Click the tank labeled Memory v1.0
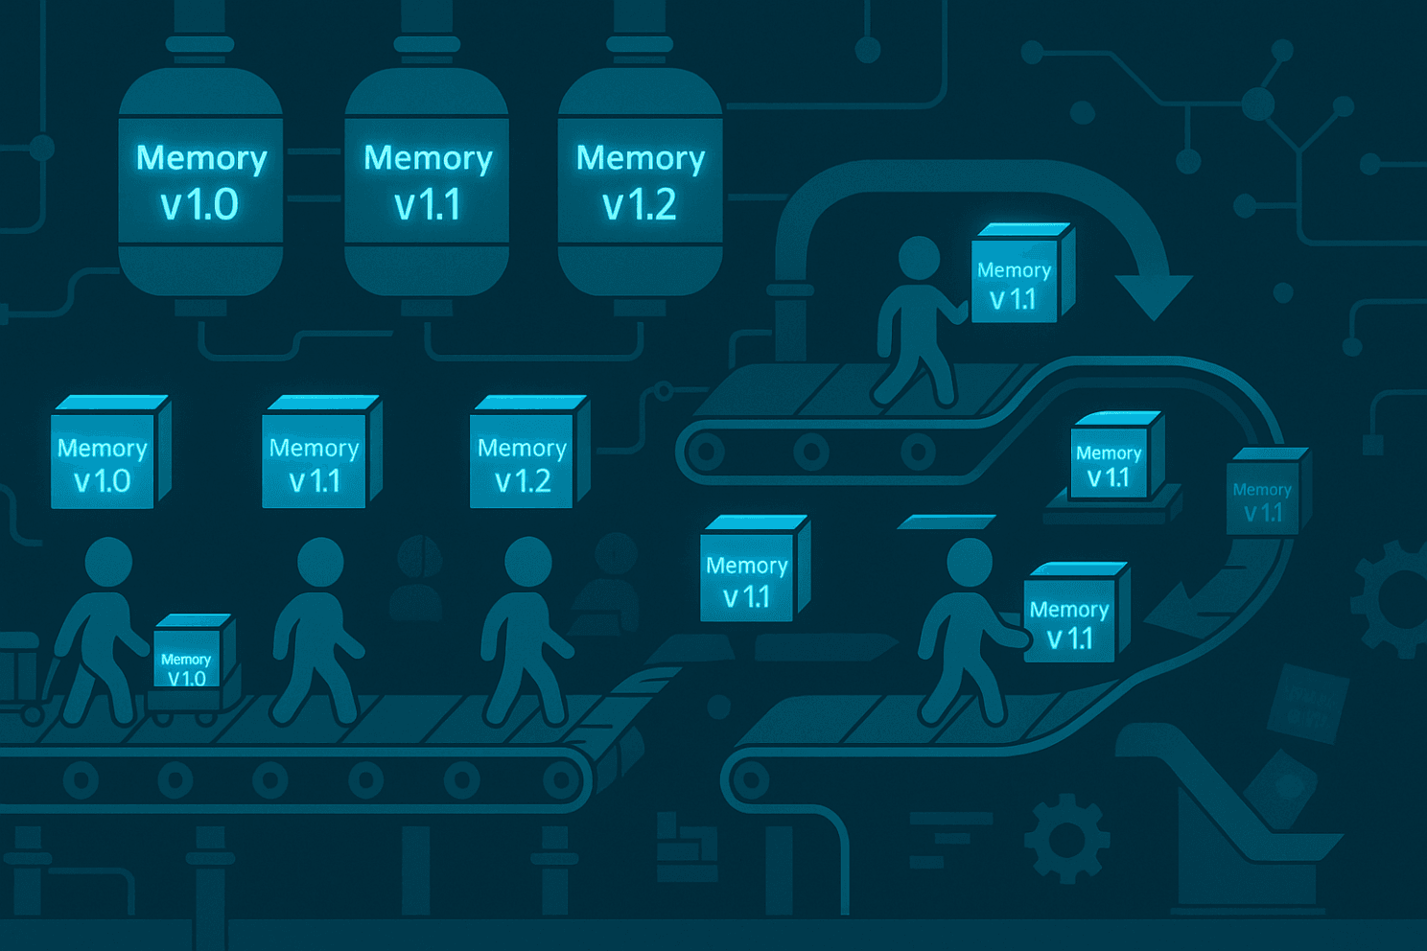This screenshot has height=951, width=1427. click(x=200, y=181)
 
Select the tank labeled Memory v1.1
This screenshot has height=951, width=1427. click(x=427, y=181)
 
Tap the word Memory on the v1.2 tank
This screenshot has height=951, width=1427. click(x=641, y=158)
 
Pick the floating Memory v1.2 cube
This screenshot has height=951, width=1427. click(x=529, y=452)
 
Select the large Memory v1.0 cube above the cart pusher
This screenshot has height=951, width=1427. click(x=110, y=452)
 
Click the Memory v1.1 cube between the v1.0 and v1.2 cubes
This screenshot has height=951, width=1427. click(x=321, y=452)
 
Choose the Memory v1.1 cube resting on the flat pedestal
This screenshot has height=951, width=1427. click(x=1116, y=454)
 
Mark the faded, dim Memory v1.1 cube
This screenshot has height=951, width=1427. click(x=1268, y=491)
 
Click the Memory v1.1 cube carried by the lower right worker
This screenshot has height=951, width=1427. click(x=1077, y=613)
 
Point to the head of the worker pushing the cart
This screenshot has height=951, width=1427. click(x=108, y=562)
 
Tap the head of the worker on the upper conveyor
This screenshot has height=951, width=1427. click(x=919, y=258)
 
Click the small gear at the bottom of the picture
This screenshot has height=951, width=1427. click(x=1067, y=839)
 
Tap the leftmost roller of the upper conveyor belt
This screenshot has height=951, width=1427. click(x=707, y=452)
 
